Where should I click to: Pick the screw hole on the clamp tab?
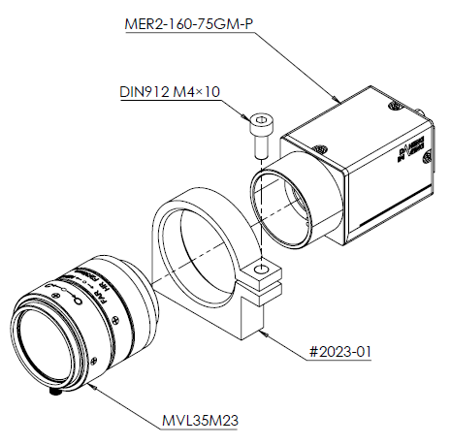coord(259,269)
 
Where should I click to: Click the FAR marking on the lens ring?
coord(106,290)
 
